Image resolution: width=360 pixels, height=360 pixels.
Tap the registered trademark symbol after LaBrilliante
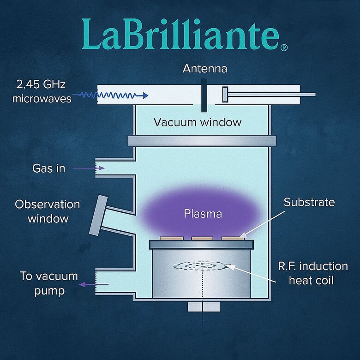point(284,48)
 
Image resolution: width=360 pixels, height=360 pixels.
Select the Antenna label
point(205,69)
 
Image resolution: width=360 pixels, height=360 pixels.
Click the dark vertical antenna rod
point(204,95)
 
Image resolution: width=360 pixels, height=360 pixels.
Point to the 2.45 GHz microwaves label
point(42,92)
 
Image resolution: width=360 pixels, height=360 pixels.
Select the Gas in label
point(48,168)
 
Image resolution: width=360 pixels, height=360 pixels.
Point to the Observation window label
point(47,211)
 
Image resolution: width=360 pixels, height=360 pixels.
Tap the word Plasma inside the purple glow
point(203,214)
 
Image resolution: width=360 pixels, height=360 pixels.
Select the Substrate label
point(309,202)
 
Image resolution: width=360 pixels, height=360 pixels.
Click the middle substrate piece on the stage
point(202,238)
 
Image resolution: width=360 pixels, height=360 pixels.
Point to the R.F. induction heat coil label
point(313,273)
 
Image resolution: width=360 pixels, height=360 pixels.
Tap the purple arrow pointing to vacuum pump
point(90,285)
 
